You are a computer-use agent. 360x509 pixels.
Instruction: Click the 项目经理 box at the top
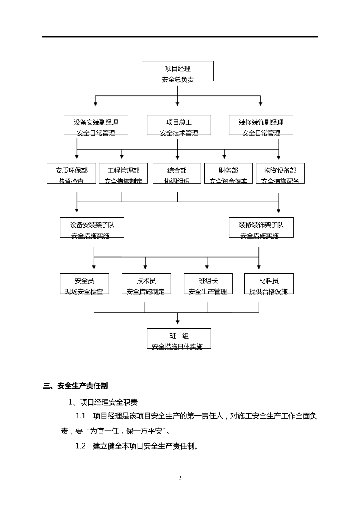coord(177,71)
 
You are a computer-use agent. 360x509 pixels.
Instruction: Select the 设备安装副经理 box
coord(96,125)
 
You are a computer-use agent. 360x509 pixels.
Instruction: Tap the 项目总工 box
coord(179,125)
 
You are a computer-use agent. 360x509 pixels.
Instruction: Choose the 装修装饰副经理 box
coord(261,125)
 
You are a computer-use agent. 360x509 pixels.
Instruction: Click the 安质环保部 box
coord(71,173)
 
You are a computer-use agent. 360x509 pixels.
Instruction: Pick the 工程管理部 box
coord(123,173)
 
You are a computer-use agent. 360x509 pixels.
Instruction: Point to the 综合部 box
coord(177,173)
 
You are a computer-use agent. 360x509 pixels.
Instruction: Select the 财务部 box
coord(228,173)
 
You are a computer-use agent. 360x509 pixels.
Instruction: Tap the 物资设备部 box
coord(280,173)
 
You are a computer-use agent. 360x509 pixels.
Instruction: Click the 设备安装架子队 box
coord(92,228)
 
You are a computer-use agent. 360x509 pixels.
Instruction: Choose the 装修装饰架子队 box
coord(261,228)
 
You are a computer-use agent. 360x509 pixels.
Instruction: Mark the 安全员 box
coord(84,284)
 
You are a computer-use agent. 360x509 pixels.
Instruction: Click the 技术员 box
coord(146,284)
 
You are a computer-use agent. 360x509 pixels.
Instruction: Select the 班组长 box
coord(208,284)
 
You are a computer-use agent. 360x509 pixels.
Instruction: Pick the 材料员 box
coord(269,284)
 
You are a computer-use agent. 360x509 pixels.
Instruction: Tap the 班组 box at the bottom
coord(179,339)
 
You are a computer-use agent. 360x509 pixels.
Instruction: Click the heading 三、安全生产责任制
coord(75,386)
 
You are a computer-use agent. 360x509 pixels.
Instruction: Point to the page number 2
coord(180,478)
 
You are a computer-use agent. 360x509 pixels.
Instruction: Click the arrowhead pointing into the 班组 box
coord(177,322)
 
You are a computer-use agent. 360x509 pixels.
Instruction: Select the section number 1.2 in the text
coord(80,446)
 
